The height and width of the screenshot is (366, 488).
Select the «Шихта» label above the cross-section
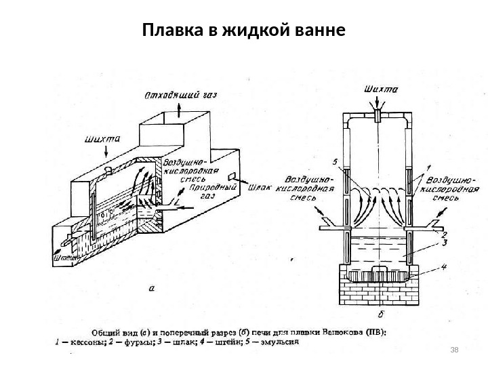(381, 89)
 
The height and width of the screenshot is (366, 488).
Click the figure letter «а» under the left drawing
(151, 287)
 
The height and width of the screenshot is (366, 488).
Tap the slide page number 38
(455, 349)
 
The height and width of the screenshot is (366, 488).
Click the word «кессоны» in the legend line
(81, 342)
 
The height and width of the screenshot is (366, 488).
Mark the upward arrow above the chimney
(178, 109)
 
